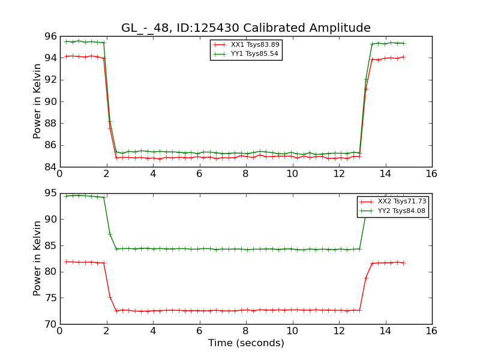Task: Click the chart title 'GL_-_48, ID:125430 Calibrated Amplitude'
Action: (245, 28)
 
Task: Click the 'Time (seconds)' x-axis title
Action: (246, 343)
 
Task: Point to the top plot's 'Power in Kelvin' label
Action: (37, 101)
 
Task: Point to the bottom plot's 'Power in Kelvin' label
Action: (37, 258)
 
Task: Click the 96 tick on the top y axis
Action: (50, 36)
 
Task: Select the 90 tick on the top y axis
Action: (50, 101)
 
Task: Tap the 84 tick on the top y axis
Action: (50, 167)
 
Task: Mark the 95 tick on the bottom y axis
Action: (50, 193)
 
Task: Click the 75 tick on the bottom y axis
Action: (50, 298)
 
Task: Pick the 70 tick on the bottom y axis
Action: (50, 324)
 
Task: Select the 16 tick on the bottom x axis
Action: (432, 331)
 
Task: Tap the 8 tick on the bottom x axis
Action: (246, 331)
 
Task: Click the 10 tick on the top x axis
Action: (292, 173)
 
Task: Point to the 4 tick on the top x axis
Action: (153, 173)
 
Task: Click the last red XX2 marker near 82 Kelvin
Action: (403, 263)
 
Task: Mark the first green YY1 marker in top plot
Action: (66, 41)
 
